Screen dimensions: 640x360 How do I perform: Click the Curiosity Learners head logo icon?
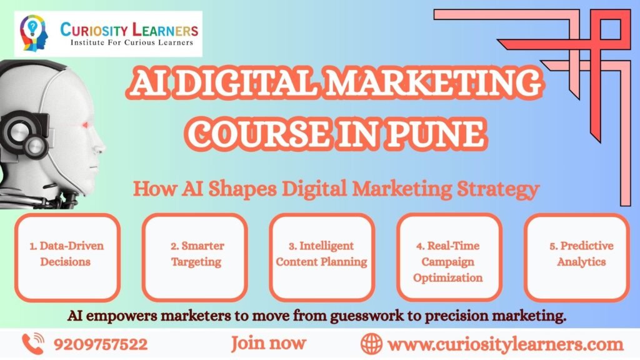pyautogui.click(x=34, y=32)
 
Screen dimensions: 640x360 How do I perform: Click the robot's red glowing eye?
pyautogui.click(x=85, y=125)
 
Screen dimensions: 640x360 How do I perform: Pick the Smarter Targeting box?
pyautogui.click(x=195, y=257)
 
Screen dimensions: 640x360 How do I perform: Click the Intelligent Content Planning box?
pyautogui.click(x=322, y=257)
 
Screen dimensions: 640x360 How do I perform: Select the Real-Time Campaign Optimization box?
pyautogui.click(x=449, y=257)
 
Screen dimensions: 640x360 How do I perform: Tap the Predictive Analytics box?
pyautogui.click(x=577, y=257)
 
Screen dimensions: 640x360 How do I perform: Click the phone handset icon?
pyautogui.click(x=32, y=343)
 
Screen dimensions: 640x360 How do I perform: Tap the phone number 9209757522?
pyautogui.click(x=101, y=344)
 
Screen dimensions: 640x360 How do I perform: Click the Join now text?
pyautogui.click(x=269, y=344)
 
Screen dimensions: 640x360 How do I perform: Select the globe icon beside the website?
pyautogui.click(x=371, y=344)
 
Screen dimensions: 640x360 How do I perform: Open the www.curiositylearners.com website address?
pyautogui.click(x=506, y=344)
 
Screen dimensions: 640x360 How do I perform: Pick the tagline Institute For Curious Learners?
pyautogui.click(x=132, y=42)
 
